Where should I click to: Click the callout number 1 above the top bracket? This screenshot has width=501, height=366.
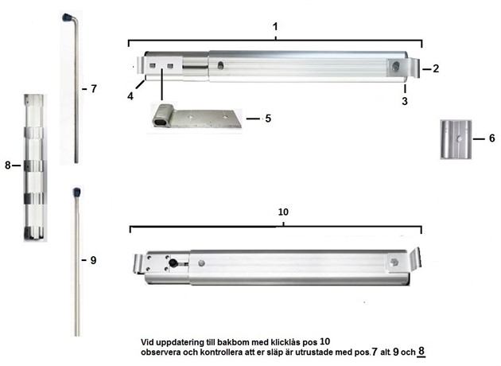275,27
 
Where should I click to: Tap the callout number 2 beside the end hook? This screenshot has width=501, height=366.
436,68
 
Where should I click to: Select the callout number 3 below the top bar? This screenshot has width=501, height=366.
405,101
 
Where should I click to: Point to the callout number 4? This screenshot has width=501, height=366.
130,96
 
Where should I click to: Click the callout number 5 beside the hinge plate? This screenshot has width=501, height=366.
268,119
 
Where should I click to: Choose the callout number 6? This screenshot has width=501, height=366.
492,138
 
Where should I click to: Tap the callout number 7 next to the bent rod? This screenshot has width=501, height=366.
94,89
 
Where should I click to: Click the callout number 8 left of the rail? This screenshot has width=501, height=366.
8,165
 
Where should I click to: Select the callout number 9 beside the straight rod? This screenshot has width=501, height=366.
93,260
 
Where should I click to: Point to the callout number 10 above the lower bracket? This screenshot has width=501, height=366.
283,212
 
